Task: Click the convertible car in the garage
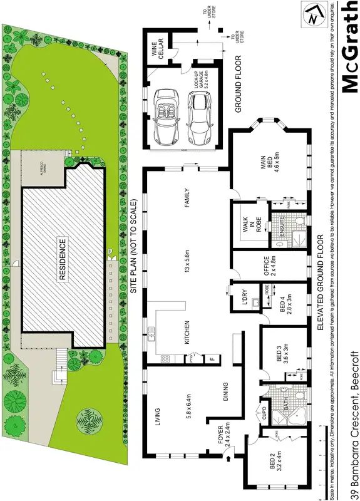click(x=166, y=116)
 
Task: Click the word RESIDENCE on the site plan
click(x=63, y=259)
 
